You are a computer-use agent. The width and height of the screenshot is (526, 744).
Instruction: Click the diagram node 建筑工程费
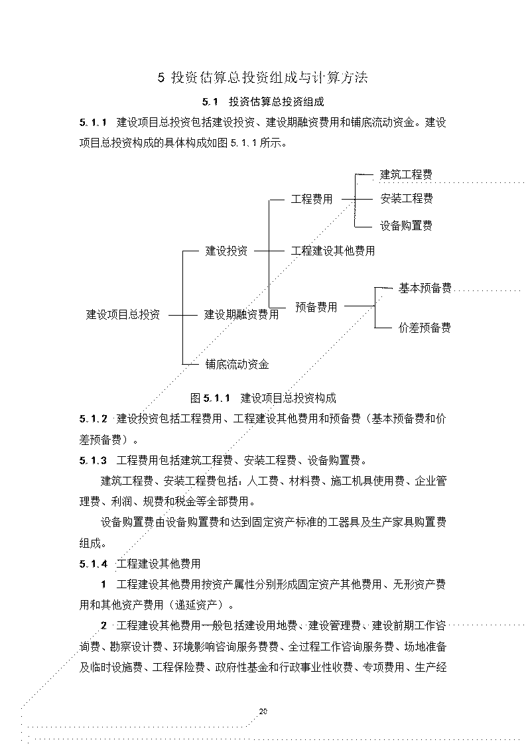click(406, 174)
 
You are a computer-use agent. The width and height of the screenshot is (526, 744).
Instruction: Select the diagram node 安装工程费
click(407, 199)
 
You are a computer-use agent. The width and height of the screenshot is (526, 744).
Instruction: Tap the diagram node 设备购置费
click(406, 226)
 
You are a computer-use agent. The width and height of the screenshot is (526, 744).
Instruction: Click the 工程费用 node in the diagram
click(312, 200)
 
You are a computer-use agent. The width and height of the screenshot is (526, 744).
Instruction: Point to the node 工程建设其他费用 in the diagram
click(333, 251)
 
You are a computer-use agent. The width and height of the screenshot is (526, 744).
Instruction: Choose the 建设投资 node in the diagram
click(226, 251)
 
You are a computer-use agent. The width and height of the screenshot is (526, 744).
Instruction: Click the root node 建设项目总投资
click(123, 314)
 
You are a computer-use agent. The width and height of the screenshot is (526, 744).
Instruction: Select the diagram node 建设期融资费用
click(241, 314)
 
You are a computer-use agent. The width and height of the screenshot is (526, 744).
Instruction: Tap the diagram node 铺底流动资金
click(237, 365)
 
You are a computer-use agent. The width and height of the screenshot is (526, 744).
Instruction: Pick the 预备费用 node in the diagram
click(316, 307)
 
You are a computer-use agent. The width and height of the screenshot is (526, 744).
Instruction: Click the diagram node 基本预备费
click(425, 288)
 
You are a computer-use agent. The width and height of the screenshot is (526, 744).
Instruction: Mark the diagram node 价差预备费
click(425, 328)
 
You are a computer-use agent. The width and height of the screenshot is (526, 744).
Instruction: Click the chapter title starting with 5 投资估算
click(263, 78)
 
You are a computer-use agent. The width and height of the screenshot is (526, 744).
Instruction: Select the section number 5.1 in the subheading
click(210, 102)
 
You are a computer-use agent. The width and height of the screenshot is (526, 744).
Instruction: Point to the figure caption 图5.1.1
click(263, 398)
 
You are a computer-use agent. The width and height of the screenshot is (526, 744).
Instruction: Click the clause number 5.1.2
click(93, 419)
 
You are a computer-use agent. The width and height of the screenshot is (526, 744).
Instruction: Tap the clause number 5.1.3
click(93, 460)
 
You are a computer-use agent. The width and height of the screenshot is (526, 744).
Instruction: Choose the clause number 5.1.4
click(93, 564)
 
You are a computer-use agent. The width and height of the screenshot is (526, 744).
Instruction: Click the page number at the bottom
click(263, 712)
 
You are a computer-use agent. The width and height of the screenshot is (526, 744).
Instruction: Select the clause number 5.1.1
click(93, 123)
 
